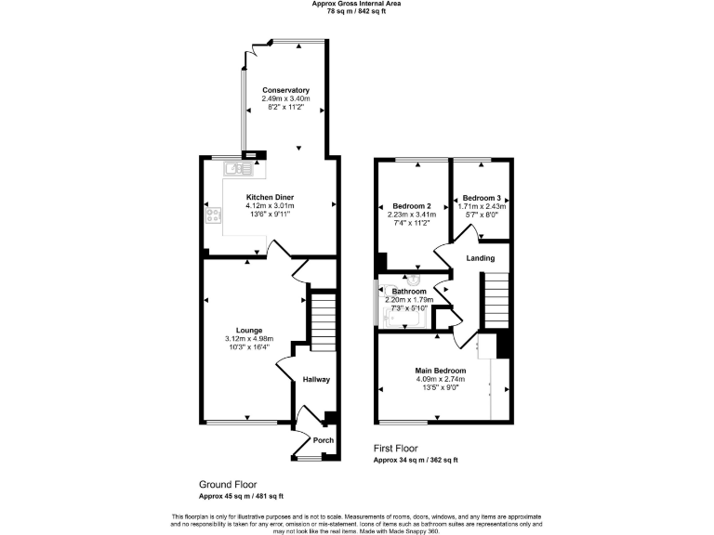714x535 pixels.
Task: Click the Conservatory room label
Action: tap(285, 90)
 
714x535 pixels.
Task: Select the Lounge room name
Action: tap(248, 330)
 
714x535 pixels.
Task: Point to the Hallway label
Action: tap(317, 379)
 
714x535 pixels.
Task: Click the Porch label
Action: tap(323, 440)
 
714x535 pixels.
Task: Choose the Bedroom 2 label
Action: tap(411, 205)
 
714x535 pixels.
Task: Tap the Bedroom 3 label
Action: tap(482, 198)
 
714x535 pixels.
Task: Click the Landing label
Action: tap(480, 258)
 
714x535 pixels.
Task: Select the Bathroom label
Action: tap(410, 292)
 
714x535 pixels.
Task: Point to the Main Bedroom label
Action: tap(441, 371)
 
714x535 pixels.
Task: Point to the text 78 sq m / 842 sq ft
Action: tap(356, 12)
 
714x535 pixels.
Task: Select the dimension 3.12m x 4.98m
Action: tap(248, 339)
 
